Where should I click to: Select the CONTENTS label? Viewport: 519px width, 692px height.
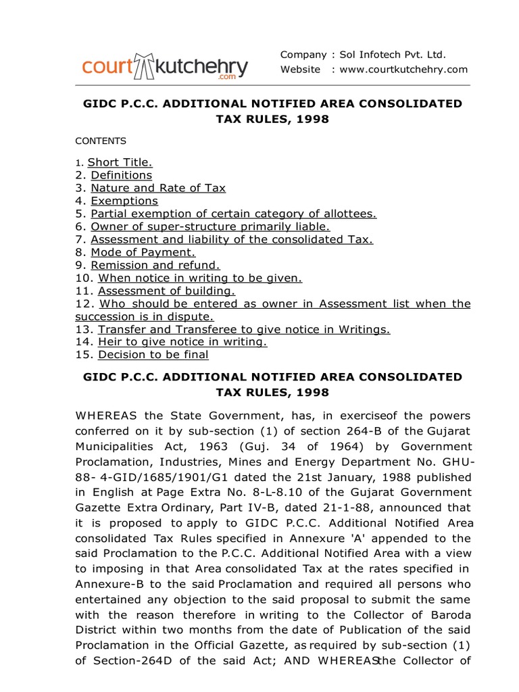[100, 141]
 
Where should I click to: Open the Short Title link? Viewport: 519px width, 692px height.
[120, 162]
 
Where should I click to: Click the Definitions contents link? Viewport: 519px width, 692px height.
[122, 175]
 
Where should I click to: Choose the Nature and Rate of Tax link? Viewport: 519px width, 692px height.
[158, 188]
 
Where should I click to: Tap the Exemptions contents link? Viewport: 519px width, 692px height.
[124, 201]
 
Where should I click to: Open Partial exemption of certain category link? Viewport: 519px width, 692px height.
[233, 214]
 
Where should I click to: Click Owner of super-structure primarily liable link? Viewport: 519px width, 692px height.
[210, 226]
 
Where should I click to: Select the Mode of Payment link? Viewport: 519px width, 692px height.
[143, 252]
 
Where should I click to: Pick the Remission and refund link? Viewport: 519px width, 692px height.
[155, 265]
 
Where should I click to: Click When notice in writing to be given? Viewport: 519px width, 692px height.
[200, 278]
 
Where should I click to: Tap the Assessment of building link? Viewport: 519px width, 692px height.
[167, 291]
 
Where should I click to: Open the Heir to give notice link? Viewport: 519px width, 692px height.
[182, 342]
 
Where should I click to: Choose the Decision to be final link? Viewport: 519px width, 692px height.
[153, 355]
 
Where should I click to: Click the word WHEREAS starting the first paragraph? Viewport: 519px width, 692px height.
[105, 415]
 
